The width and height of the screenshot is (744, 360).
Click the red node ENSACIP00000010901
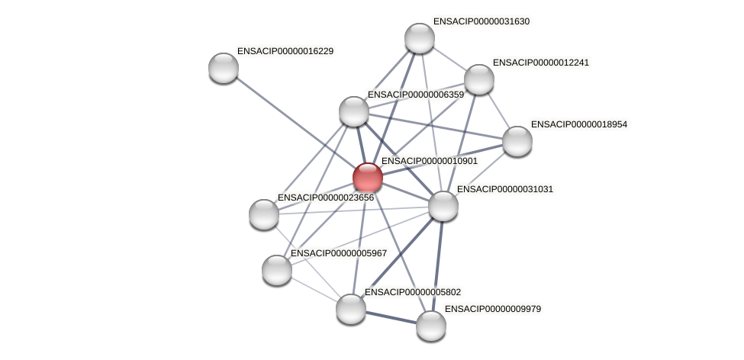tap(367, 177)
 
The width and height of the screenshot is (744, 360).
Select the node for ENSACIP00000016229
tap(224, 68)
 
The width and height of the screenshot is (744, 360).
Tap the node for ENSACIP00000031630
tap(419, 38)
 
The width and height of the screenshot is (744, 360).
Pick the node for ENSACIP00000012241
tap(478, 79)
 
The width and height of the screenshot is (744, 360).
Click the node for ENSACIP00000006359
tap(353, 111)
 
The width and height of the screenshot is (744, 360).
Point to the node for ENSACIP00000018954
tap(517, 141)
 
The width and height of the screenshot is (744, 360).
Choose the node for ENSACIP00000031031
tap(443, 206)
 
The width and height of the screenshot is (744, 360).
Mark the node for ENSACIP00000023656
tap(264, 214)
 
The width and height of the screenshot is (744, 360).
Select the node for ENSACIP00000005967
tap(276, 270)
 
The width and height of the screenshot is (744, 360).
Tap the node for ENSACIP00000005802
tap(350, 309)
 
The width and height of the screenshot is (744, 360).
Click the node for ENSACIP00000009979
tap(430, 326)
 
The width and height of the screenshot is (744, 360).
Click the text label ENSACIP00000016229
tap(285, 51)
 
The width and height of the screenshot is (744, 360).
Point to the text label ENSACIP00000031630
tap(481, 21)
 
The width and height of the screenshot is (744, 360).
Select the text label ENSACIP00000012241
tap(540, 63)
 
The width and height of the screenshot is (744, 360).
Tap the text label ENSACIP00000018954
tap(578, 124)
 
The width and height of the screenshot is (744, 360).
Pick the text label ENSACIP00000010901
tap(429, 161)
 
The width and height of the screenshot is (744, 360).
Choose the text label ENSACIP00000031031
tap(504, 189)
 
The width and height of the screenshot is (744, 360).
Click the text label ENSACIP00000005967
tap(338, 253)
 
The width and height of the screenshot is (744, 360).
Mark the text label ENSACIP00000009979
tap(492, 309)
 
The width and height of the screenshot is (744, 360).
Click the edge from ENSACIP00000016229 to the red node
tap(295, 122)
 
